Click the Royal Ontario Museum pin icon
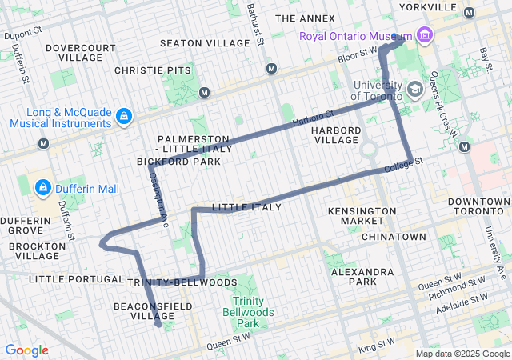424,35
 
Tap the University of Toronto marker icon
414,89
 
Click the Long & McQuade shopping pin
123,118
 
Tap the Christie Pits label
153,71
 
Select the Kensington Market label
362,216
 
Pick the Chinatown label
393,238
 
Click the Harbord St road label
312,120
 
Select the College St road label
402,166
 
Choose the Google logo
26,350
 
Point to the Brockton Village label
38,251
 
